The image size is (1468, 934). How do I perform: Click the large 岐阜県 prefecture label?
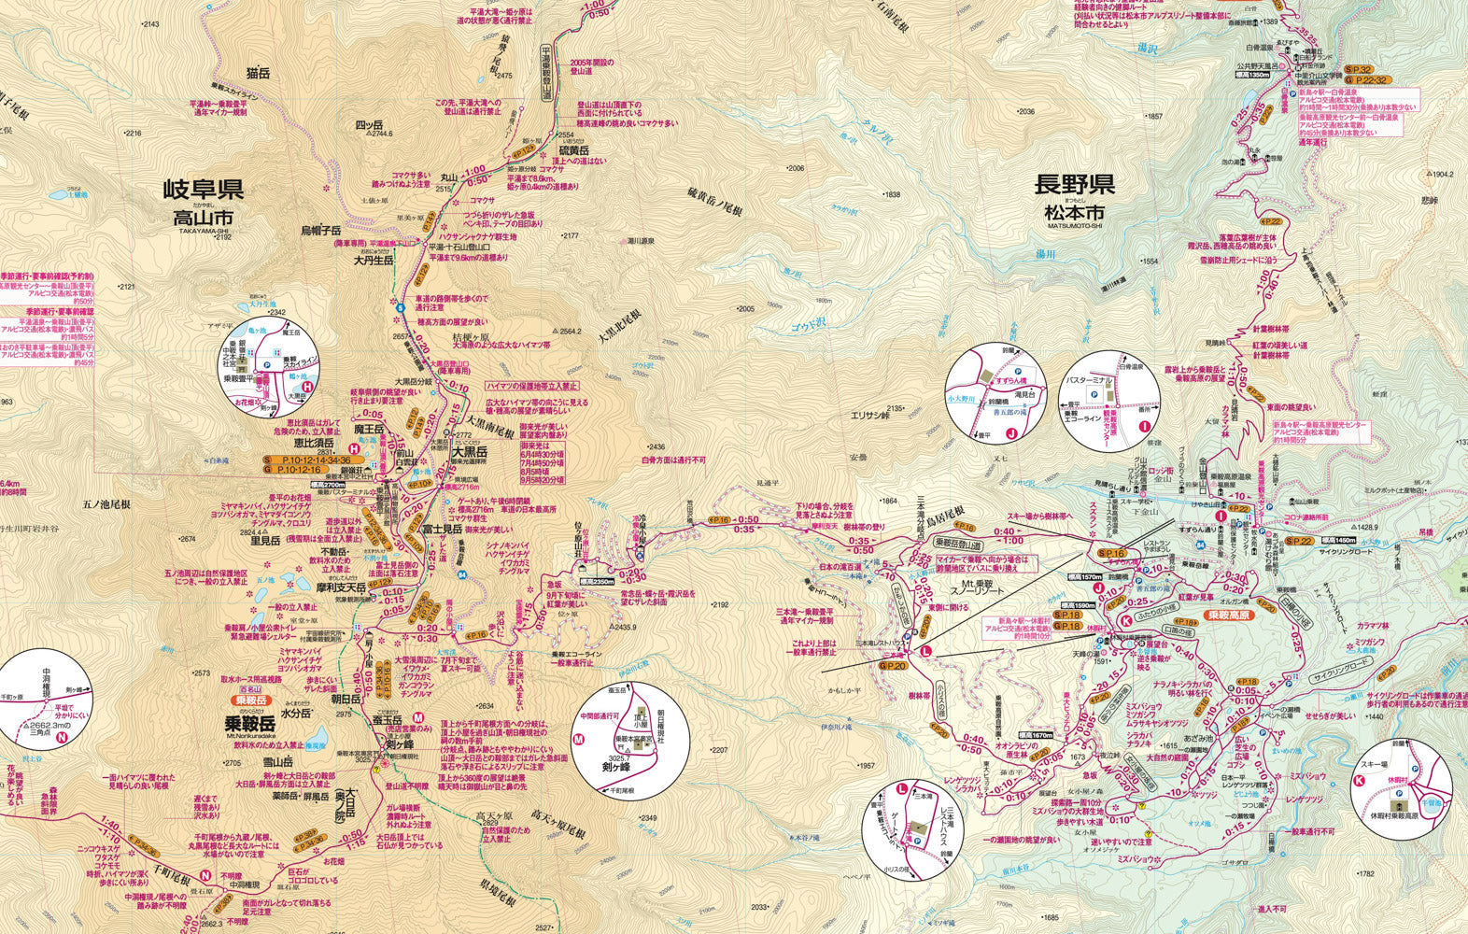(204, 191)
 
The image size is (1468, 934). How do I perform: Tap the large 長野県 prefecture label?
(1074, 184)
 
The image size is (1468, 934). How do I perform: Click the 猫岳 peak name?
(258, 73)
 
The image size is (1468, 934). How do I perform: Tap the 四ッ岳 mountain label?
(369, 123)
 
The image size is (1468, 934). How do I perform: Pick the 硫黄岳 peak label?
(573, 150)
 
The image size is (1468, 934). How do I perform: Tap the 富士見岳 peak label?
(443, 529)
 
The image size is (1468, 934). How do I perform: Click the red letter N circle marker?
(62, 737)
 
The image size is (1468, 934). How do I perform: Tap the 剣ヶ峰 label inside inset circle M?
(618, 771)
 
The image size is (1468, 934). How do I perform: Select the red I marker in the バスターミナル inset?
(1144, 428)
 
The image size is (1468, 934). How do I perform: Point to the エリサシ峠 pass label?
(869, 414)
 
